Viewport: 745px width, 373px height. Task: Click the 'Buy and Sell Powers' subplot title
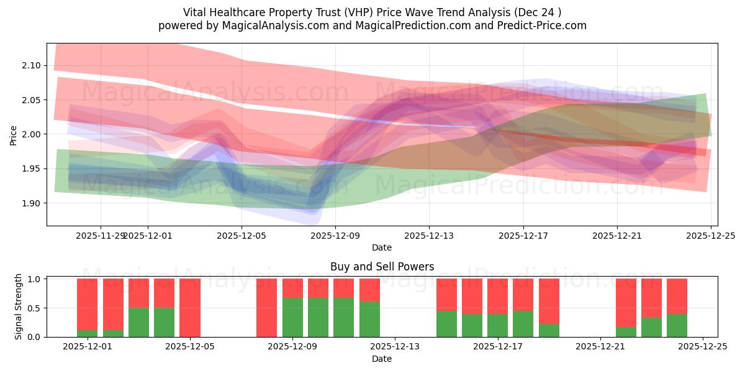382,267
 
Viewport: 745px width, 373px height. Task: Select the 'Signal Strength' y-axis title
19,306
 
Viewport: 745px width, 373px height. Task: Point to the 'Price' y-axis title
14,134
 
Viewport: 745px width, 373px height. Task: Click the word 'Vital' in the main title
196,12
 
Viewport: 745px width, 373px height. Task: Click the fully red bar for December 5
190,308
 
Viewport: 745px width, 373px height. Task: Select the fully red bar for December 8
267,308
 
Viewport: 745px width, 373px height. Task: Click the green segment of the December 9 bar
292,318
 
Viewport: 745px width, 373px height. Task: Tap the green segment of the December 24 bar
677,325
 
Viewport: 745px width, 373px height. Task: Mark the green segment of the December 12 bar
369,320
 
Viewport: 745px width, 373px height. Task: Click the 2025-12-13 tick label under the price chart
429,236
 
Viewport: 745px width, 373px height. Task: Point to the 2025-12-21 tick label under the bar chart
600,347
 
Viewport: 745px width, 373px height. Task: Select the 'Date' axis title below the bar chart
382,359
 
